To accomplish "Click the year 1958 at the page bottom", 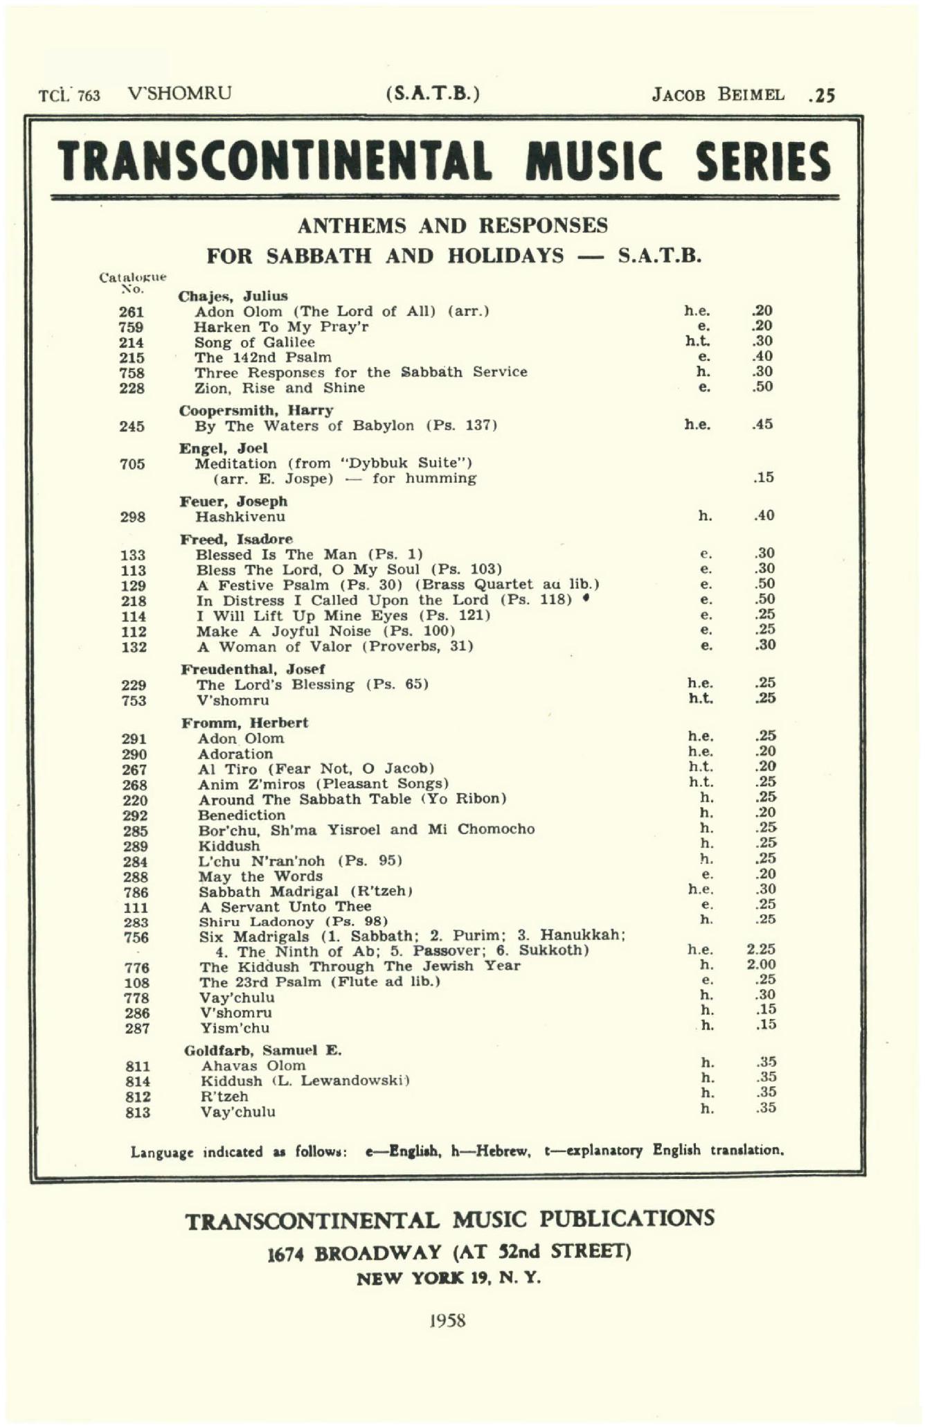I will (447, 1320).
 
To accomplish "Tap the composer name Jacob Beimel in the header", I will (718, 94).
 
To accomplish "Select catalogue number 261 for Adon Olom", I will (132, 312).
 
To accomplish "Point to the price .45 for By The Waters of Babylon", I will (763, 425).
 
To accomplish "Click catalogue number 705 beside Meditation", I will (132, 463).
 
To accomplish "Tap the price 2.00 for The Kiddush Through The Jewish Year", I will (761, 965).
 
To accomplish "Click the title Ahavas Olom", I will (253, 1065).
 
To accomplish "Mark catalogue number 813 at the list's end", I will (137, 1113).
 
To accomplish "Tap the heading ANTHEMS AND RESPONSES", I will (452, 226).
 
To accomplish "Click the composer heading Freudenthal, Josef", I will (253, 669).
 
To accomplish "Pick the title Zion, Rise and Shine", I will (279, 388).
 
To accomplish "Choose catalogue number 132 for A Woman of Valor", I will (134, 647).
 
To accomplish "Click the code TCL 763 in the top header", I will (69, 95).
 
